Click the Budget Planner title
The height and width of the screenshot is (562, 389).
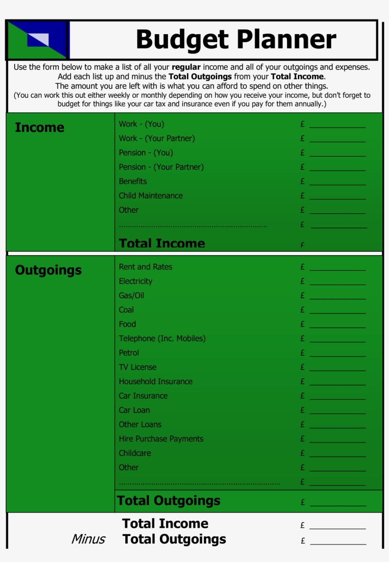pos(236,39)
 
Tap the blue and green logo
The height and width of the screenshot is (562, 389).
pos(37,40)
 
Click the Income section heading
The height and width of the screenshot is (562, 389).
pos(39,128)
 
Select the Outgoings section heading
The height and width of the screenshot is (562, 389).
pos(48,270)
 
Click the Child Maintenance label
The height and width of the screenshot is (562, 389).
pos(150,195)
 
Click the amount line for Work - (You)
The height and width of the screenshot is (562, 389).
pos(337,127)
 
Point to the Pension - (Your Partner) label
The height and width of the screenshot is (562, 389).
pos(161,167)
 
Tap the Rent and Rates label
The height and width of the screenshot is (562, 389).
pos(145,267)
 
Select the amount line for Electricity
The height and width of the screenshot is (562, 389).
pos(337,284)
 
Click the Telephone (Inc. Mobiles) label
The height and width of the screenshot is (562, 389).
pos(162,338)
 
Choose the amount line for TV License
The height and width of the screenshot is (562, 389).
pos(337,369)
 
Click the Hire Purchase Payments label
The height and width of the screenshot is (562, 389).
pos(161,439)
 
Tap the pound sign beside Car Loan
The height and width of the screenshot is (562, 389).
pos(303,410)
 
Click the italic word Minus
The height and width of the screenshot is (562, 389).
pos(88,539)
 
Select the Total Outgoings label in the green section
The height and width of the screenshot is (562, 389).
pos(168,501)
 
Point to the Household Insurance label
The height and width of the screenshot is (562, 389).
pos(156,381)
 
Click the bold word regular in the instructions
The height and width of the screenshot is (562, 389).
pos(186,67)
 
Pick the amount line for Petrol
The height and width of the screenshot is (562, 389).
pos(337,355)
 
